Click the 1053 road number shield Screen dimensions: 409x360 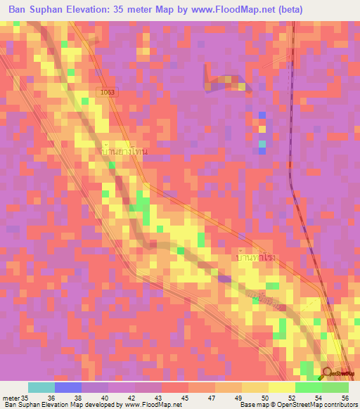(x=105, y=91)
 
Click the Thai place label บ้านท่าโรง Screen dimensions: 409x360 (x=254, y=258)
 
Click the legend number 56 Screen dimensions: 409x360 (x=345, y=397)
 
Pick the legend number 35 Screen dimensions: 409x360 (x=25, y=397)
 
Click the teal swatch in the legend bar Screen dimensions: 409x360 (x=41, y=387)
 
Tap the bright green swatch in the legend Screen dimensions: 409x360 (x=308, y=387)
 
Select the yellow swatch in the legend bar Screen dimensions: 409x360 (x=281, y=387)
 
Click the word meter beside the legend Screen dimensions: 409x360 (x=11, y=397)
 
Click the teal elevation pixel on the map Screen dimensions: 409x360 (x=262, y=145)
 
